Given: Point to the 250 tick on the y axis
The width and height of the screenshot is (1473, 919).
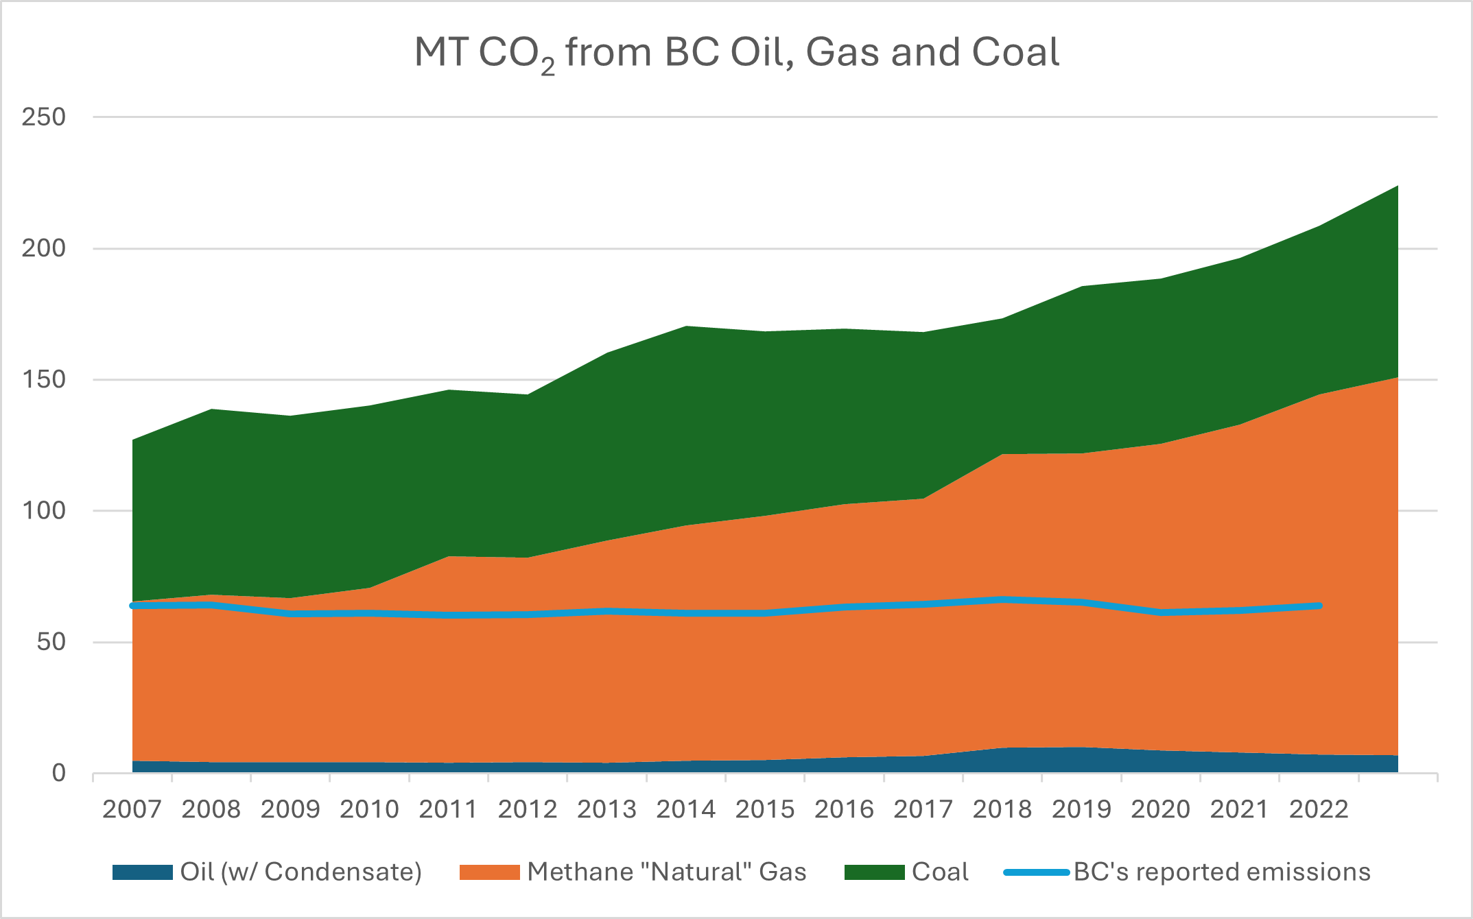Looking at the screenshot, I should tap(43, 117).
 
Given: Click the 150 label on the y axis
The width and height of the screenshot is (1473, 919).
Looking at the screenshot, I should tap(43, 379).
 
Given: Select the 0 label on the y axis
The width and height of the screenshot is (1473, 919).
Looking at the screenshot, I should tap(59, 773).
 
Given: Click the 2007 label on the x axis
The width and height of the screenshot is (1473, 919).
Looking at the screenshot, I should tap(132, 809).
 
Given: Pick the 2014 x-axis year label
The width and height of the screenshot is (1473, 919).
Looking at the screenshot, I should tap(685, 809).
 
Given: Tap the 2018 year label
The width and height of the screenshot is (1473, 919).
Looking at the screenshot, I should tap(1002, 809).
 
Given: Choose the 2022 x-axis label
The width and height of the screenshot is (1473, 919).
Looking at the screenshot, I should tap(1318, 809).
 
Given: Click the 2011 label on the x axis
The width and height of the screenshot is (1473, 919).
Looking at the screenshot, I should tap(448, 809).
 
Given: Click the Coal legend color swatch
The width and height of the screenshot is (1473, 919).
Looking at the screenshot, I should tap(874, 872).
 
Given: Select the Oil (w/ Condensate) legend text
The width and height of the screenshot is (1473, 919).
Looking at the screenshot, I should tap(301, 872).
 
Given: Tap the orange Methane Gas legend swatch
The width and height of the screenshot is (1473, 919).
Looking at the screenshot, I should tap(489, 872).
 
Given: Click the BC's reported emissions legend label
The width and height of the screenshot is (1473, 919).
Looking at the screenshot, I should tap(1221, 872).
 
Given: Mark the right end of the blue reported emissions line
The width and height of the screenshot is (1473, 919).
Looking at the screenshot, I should tap(1319, 606).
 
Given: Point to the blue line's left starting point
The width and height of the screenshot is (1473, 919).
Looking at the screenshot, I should tap(132, 605).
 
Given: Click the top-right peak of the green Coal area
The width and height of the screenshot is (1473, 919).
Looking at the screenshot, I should tap(1397, 187).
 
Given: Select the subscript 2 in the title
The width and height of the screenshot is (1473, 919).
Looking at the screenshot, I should tap(547, 67).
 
